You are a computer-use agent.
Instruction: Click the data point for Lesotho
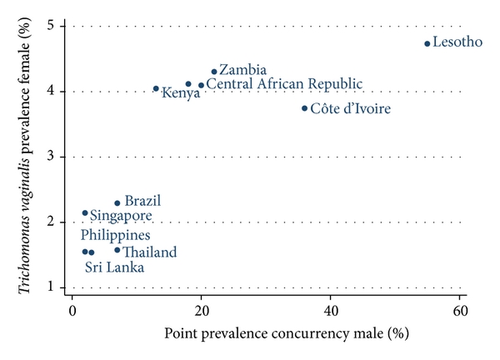point(427,43)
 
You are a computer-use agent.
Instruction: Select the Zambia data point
point(214,72)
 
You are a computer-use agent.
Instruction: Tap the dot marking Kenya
point(156,88)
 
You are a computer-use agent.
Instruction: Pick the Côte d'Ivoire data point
point(305,108)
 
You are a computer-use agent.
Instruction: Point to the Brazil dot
point(117,203)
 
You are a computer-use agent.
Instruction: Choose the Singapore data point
point(85,213)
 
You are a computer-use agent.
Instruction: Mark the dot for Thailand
point(117,250)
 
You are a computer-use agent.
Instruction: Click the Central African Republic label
point(284,84)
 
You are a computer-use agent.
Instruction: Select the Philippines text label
point(115,235)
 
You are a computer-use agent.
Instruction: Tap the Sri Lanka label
point(114,267)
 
